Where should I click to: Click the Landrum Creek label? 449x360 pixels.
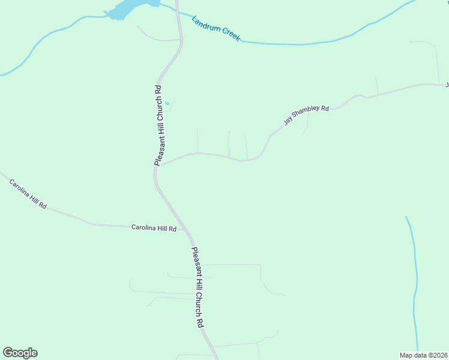216,28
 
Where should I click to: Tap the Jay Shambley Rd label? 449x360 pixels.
306,115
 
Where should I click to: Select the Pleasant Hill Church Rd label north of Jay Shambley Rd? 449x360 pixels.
158,125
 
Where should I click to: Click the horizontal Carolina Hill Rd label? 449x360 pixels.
154,228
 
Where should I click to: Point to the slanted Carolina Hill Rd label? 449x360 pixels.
28,193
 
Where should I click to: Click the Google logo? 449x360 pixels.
20,353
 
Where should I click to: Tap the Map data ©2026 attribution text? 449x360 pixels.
424,355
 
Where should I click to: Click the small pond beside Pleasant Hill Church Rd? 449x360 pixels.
167,104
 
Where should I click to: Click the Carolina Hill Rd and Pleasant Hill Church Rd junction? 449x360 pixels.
185,230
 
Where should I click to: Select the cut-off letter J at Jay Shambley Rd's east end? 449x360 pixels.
447,85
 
